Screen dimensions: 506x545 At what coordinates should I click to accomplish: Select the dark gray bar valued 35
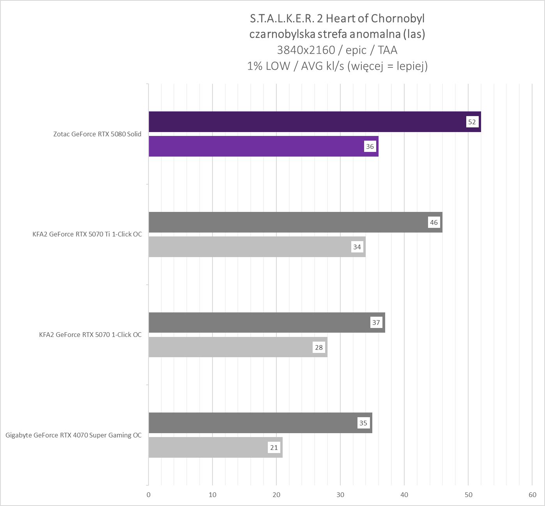coord(253,423)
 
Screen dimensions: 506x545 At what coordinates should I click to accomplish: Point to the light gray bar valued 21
coord(211,448)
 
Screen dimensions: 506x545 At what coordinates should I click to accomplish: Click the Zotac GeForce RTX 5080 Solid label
coord(97,134)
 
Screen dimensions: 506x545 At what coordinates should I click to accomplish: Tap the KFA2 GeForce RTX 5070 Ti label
coord(87,234)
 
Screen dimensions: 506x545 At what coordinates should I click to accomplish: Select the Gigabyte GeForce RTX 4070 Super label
coord(74,435)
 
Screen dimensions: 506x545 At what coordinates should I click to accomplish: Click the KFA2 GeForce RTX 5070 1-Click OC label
coord(90,335)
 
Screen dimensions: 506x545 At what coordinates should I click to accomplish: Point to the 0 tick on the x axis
coord(149,495)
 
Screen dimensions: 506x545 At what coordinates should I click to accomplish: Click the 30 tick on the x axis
coord(340,495)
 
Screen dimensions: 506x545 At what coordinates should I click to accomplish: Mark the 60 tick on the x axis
coord(533,495)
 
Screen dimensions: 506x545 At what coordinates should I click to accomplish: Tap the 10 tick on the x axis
coord(212,495)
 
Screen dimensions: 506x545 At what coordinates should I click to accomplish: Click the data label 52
coord(472,122)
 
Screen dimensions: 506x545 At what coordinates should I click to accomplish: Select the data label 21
coord(274,448)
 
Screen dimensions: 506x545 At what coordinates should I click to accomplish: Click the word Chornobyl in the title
coord(398,18)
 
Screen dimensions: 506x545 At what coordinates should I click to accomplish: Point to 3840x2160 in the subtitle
coord(306,50)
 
